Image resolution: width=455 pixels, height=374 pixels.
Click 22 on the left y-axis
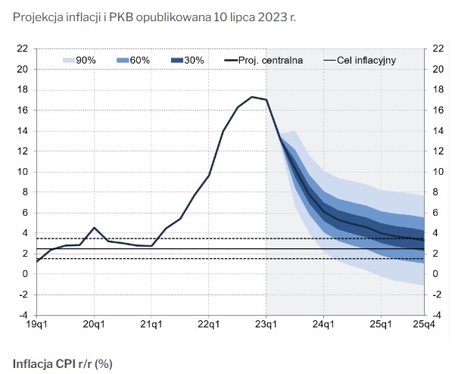pos(23,48)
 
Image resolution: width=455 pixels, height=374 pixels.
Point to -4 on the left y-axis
pos(23,315)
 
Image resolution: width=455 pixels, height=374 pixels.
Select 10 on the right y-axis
pos(436,172)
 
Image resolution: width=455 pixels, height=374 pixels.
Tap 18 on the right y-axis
pos(436,89)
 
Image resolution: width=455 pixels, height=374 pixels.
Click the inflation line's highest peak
pos(252,97)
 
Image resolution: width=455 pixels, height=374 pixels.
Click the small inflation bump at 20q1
pos(94,228)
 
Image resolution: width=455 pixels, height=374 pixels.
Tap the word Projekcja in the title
pos(39,17)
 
